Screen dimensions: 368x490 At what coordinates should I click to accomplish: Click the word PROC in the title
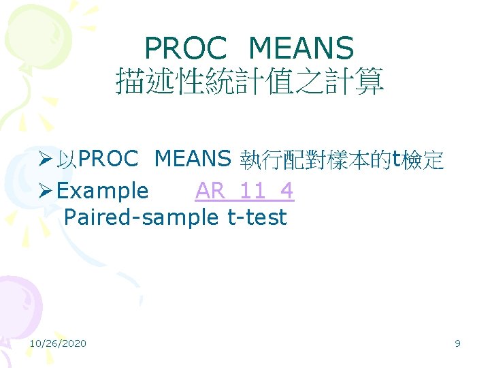[185, 49]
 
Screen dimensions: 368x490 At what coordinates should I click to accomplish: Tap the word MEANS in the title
[301, 49]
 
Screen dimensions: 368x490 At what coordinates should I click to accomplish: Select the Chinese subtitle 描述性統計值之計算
[250, 81]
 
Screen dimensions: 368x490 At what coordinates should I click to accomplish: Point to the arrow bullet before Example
[48, 191]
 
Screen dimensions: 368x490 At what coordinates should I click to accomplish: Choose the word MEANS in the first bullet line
[193, 160]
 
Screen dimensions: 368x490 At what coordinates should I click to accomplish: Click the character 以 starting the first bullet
[67, 160]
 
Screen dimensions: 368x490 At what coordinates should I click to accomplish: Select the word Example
[103, 191]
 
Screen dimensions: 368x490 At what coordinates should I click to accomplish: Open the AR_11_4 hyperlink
[244, 191]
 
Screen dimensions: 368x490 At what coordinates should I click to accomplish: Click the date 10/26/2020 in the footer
[58, 343]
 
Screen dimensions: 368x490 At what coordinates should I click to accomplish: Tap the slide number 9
[457, 343]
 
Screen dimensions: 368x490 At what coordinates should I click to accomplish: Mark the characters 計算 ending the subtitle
[357, 81]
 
